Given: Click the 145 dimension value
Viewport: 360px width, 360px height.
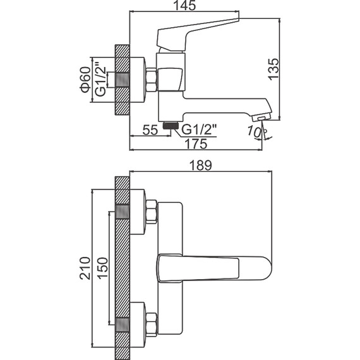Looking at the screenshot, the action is [x=184, y=6].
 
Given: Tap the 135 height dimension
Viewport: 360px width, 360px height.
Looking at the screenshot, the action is [x=273, y=69].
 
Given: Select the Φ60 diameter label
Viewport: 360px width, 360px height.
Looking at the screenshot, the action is [x=85, y=79].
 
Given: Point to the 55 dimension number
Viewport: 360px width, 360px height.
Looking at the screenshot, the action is [x=150, y=130].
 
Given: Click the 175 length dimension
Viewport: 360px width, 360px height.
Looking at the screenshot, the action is [x=196, y=144].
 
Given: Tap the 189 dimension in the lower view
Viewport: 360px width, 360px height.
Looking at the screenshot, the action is [x=200, y=165].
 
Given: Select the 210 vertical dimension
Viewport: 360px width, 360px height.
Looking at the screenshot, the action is [x=85, y=268].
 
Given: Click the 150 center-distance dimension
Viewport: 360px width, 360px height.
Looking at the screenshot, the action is [x=102, y=268].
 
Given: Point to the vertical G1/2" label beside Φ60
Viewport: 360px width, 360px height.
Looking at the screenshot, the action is [x=100, y=79].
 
